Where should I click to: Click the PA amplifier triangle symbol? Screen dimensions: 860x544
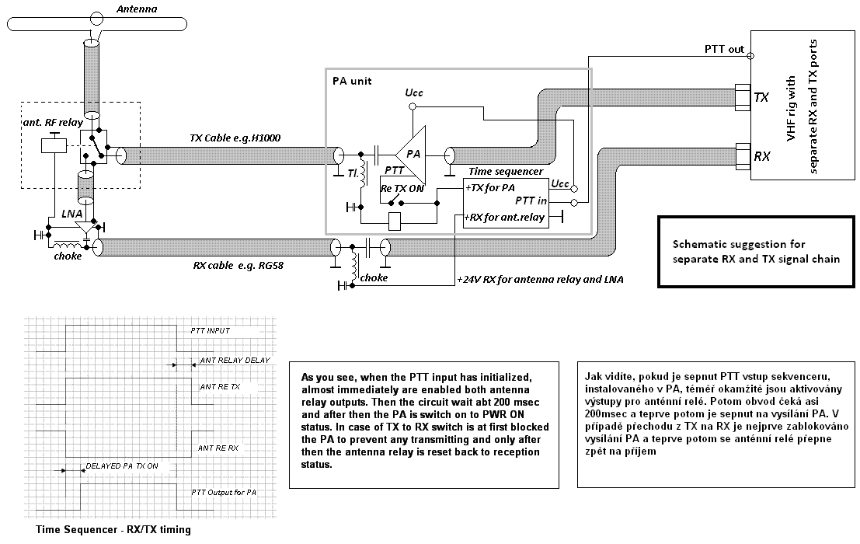tap(413, 155)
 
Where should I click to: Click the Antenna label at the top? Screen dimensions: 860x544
tap(137, 9)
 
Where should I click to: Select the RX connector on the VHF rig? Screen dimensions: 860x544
tap(742, 156)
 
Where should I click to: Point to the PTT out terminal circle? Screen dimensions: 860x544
tap(751, 56)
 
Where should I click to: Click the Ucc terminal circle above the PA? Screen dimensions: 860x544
tap(413, 106)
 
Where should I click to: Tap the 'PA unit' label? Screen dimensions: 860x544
tap(352, 81)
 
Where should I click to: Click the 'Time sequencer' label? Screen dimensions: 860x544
tap(506, 172)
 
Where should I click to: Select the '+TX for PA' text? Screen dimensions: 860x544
tap(489, 187)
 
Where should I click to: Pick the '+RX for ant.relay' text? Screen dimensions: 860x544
tap(504, 217)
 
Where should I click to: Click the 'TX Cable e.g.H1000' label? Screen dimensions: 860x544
tap(235, 138)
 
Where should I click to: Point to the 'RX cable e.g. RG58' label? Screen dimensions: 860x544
tap(238, 266)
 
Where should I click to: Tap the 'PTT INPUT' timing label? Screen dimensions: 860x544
tap(210, 331)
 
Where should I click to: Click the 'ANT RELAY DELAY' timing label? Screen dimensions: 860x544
tap(235, 361)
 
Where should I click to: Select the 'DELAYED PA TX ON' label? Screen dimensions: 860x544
tap(122, 466)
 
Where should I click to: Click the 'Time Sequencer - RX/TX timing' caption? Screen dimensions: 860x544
tap(113, 530)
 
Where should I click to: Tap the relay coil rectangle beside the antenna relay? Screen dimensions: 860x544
tap(54, 146)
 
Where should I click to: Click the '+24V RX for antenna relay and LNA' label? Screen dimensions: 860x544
tap(540, 279)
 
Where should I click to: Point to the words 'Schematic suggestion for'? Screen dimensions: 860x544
tap(739, 245)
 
